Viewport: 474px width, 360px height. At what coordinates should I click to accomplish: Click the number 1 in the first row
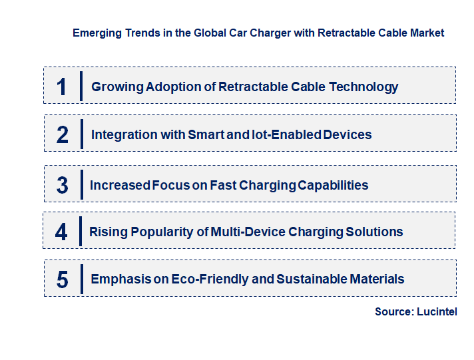pyautogui.click(x=62, y=87)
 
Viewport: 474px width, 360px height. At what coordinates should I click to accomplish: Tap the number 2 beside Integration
pyautogui.click(x=63, y=134)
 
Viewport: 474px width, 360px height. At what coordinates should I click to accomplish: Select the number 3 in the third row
pyautogui.click(x=62, y=185)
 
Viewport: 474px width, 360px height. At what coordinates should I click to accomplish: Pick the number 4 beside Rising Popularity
pyautogui.click(x=61, y=232)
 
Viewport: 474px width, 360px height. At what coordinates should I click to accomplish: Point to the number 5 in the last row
pyautogui.click(x=62, y=279)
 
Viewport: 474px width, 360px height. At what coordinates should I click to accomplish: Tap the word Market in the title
pyautogui.click(x=427, y=33)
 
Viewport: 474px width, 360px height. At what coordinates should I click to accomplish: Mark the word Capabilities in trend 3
pyautogui.click(x=332, y=185)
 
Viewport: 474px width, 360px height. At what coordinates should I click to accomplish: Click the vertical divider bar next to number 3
pyautogui.click(x=81, y=183)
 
